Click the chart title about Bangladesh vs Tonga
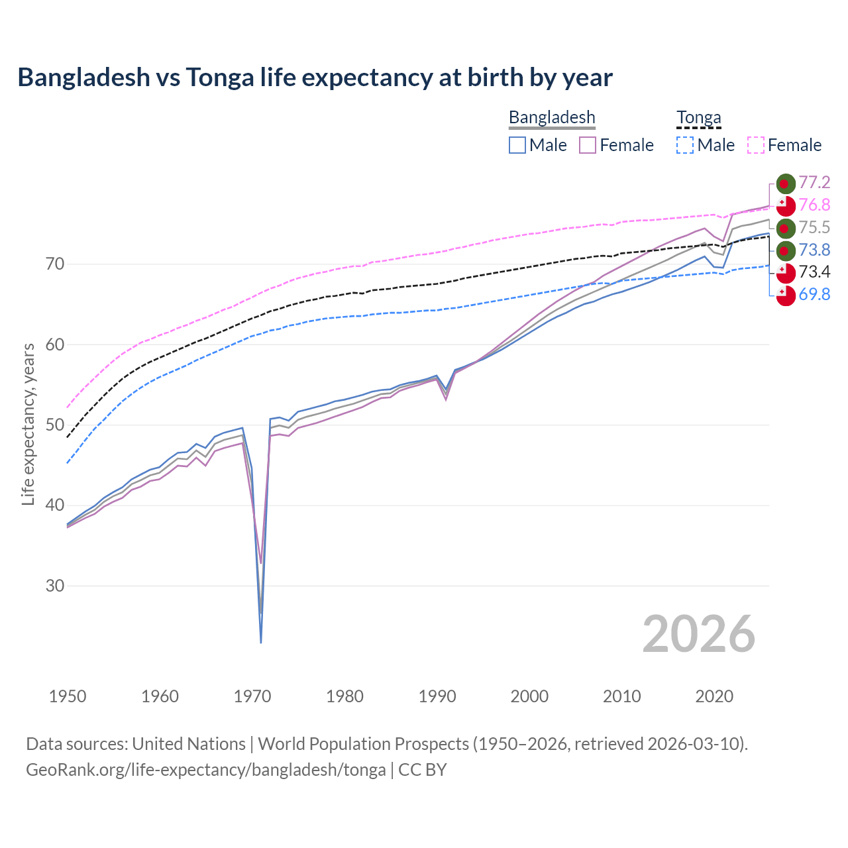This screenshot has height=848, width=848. [x=315, y=78]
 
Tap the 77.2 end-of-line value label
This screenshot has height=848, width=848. [x=814, y=183]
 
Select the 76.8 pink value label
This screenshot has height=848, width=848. [x=814, y=205]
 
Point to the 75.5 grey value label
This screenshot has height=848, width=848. [x=814, y=228]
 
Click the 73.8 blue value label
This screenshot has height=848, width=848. [x=814, y=250]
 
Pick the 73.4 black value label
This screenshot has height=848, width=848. [x=814, y=272]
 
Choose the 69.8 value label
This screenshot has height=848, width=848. [x=814, y=294]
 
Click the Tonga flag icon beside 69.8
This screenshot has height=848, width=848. [x=785, y=295]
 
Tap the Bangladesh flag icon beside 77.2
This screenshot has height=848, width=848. [x=785, y=184]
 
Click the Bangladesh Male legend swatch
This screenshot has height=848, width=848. [x=517, y=145]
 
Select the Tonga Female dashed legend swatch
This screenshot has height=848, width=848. [x=756, y=145]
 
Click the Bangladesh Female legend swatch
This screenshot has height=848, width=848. [x=588, y=145]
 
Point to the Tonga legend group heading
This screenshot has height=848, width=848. [x=698, y=118]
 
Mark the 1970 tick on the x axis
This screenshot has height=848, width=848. [x=252, y=696]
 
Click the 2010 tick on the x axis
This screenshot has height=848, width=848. [x=621, y=696]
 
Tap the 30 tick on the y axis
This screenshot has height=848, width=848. [x=55, y=586]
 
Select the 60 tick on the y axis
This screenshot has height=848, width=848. [x=55, y=344]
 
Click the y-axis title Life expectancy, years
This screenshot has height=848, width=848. [x=28, y=424]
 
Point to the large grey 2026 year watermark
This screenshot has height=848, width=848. [x=698, y=634]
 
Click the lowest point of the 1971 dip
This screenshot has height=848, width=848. [x=261, y=642]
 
